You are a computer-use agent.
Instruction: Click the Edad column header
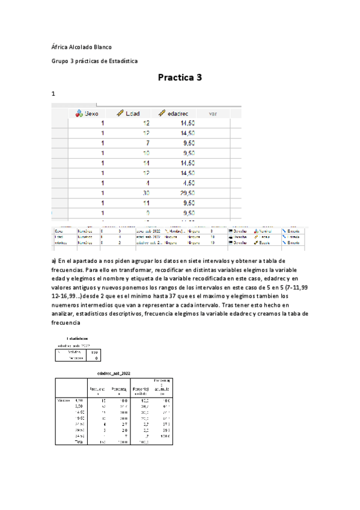[132, 112]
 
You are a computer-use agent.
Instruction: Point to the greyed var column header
[212, 112]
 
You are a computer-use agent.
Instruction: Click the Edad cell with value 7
[147, 143]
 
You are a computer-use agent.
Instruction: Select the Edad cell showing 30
[145, 193]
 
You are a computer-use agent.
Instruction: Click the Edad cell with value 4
[147, 183]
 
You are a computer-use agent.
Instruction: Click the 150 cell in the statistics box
[92, 352]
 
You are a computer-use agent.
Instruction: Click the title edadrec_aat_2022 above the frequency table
[114, 373]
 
